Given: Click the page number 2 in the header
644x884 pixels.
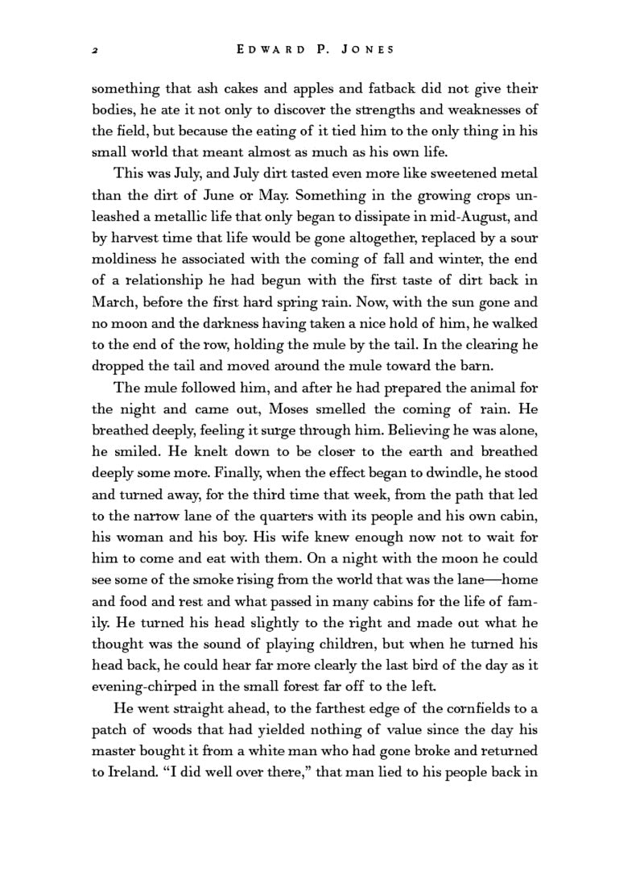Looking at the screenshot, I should [x=95, y=50].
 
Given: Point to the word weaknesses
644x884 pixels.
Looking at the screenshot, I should [x=481, y=109].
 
